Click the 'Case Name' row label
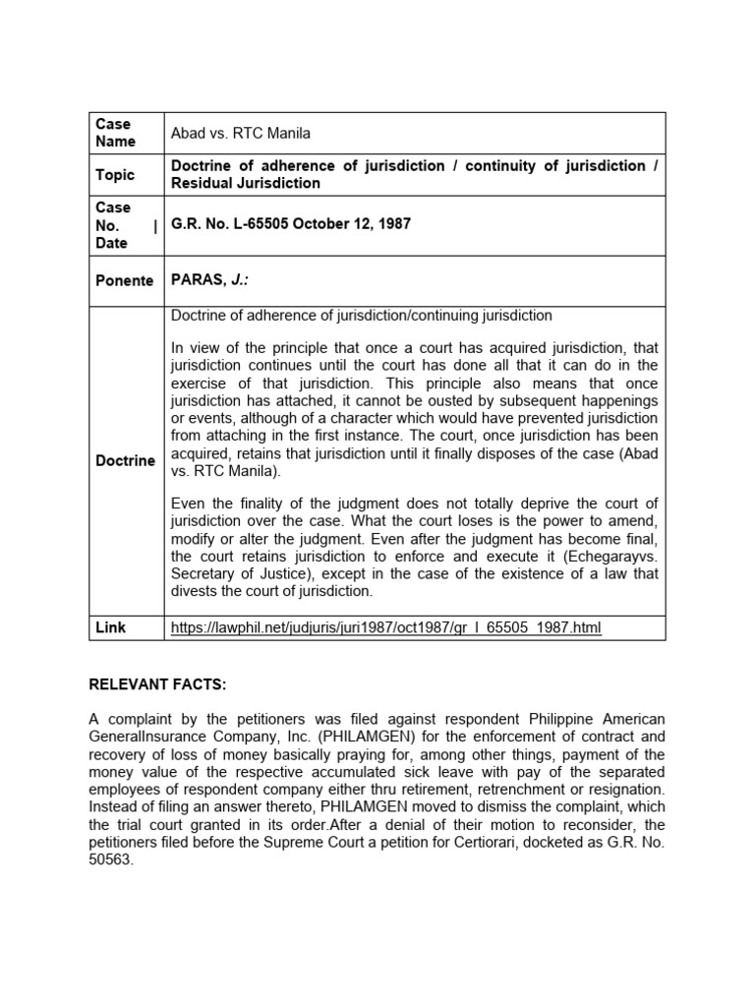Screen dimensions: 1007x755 pyautogui.click(x=114, y=133)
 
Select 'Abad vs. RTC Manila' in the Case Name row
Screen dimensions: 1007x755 pyautogui.click(x=241, y=133)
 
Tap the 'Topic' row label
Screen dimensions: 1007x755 pyautogui.click(x=115, y=174)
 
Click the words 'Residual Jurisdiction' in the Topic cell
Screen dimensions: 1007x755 pyautogui.click(x=246, y=183)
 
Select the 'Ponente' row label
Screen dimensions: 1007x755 pyautogui.click(x=125, y=280)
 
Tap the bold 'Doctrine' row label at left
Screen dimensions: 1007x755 pyautogui.click(x=125, y=460)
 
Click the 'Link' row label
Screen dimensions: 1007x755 pyautogui.click(x=111, y=626)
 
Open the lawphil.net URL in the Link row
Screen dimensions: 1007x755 pyautogui.click(x=385, y=627)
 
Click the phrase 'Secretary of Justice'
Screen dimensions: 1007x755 pyautogui.click(x=240, y=574)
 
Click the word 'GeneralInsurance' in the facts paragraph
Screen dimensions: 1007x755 pyautogui.click(x=147, y=736)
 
